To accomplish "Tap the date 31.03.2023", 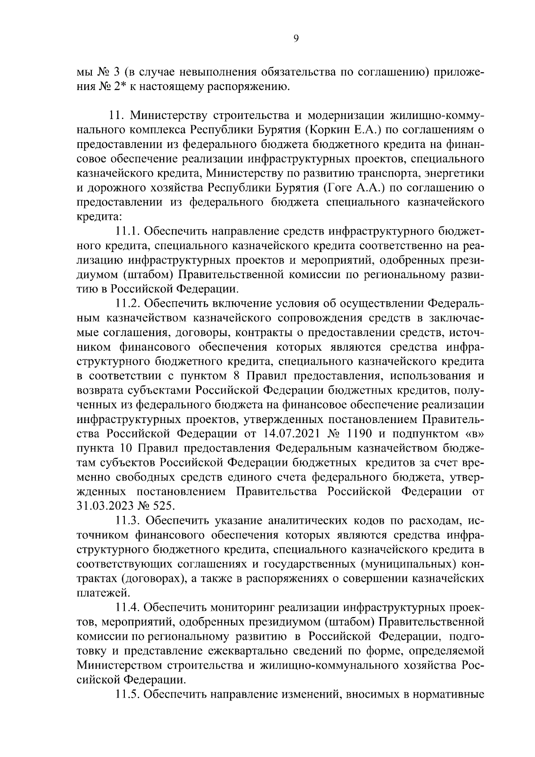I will pyautogui.click(x=103, y=506).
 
